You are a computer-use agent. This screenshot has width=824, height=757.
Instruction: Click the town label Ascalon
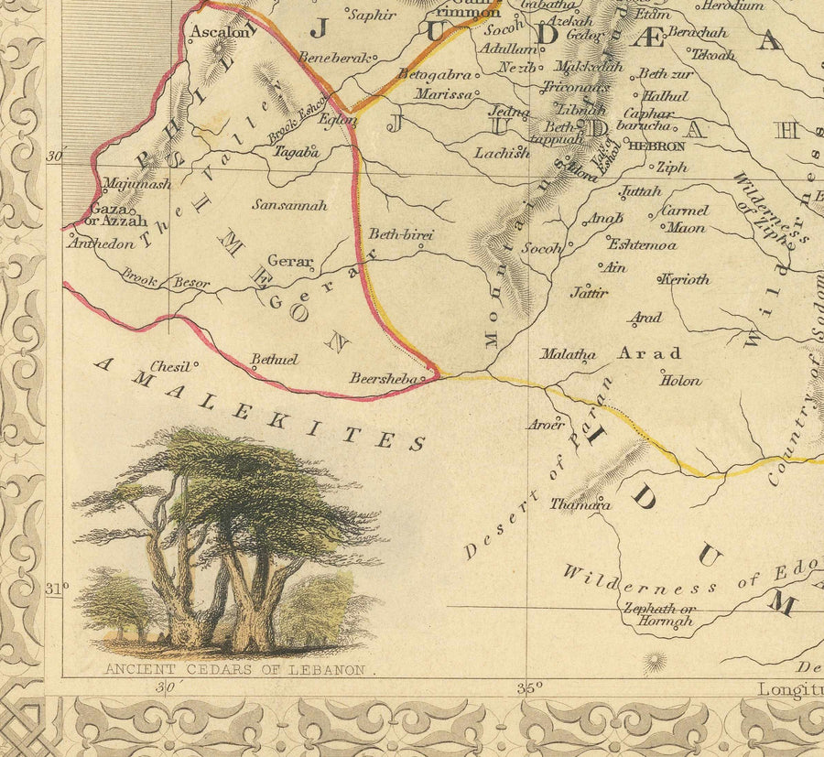tap(219, 32)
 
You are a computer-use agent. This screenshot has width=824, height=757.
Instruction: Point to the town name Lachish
tap(501, 153)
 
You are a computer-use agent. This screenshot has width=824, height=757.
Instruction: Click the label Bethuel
tap(275, 360)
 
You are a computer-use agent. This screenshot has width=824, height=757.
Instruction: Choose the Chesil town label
tap(169, 365)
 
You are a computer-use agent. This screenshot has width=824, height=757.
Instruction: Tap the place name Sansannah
tap(289, 205)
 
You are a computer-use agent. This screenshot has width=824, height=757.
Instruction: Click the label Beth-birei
tap(400, 235)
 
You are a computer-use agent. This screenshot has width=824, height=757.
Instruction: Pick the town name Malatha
tap(568, 353)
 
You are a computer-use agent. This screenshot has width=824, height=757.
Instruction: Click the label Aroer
tap(544, 424)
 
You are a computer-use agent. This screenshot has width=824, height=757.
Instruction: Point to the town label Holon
tap(680, 381)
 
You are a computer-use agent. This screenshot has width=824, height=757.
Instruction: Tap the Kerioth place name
tap(685, 279)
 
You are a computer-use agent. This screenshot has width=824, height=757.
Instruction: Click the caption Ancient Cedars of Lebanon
tap(234, 670)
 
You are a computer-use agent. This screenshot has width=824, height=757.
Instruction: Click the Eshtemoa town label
tap(642, 244)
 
